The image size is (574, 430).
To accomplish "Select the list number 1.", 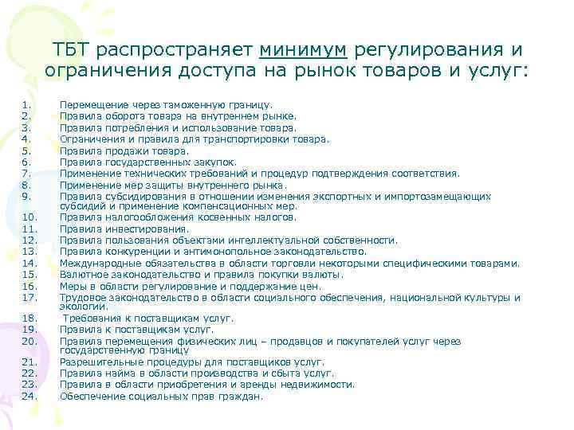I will [x=27, y=104].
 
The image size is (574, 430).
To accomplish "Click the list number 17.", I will [x=29, y=298].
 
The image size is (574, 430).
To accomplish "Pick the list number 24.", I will [x=29, y=396].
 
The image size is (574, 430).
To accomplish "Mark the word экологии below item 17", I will [x=78, y=306].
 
